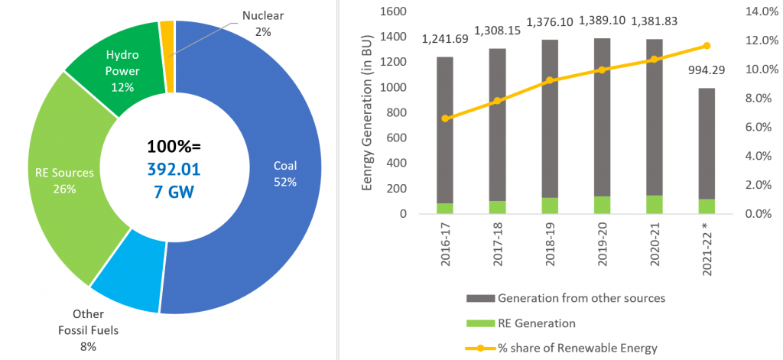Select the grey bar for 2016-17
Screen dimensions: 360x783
[x=444, y=130]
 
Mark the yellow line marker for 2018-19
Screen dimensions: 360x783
[x=549, y=80]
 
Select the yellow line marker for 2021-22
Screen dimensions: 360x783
[x=707, y=46]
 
